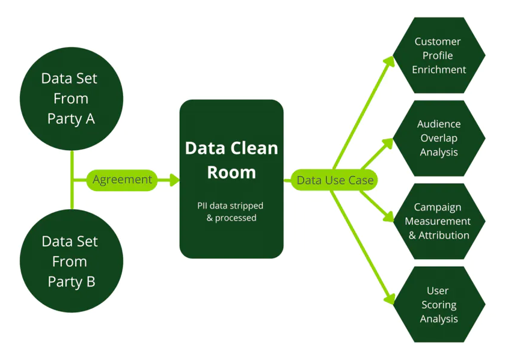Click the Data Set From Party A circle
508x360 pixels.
(x=72, y=99)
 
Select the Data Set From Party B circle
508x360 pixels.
(x=72, y=261)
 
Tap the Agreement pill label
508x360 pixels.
(x=122, y=180)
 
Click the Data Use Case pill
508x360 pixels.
(x=335, y=180)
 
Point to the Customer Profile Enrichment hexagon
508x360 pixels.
(x=439, y=55)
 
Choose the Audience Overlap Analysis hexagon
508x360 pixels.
(x=439, y=138)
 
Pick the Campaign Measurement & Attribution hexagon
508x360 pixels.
(x=439, y=221)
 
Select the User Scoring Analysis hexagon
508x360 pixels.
(x=439, y=304)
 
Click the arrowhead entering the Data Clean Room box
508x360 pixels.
(x=174, y=180)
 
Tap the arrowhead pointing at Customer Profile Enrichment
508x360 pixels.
(x=389, y=61)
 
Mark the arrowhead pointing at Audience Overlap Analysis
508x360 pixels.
(x=388, y=144)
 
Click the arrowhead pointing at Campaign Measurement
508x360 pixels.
(x=388, y=216)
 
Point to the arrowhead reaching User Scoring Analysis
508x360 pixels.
(x=389, y=299)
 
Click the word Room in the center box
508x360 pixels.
(x=231, y=172)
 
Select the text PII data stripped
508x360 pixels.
(x=230, y=206)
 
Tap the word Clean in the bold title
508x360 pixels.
(x=255, y=148)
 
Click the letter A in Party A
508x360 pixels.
(x=90, y=119)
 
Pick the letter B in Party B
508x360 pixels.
(x=91, y=282)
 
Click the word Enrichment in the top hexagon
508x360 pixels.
(x=439, y=70)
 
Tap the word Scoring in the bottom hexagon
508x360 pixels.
(x=439, y=305)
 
